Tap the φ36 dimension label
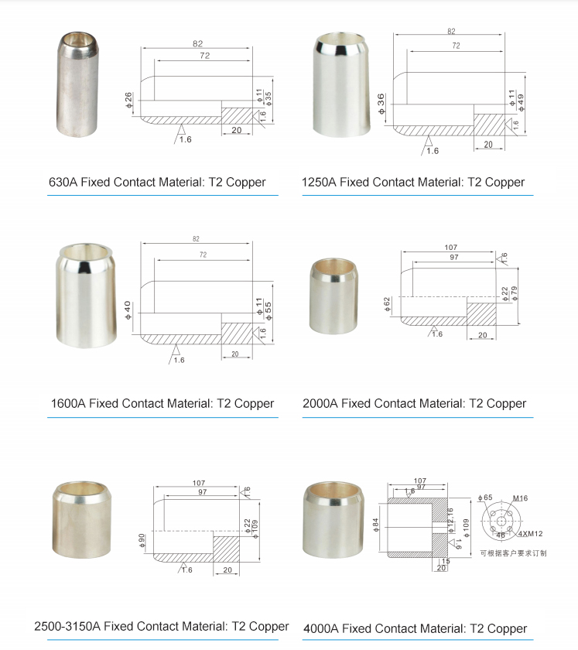[x=381, y=104]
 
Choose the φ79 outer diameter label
[x=513, y=294]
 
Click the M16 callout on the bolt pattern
[x=520, y=498]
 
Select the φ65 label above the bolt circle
[x=485, y=498]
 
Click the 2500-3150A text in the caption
[x=67, y=626]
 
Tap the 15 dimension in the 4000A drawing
[x=446, y=560]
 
